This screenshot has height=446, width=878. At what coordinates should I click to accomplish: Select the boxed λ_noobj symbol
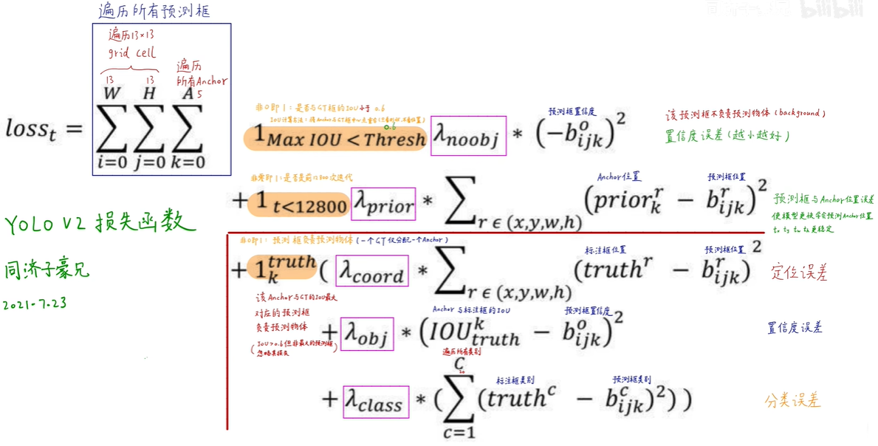pyautogui.click(x=468, y=137)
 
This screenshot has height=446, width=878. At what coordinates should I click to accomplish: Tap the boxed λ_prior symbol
pyautogui.click(x=383, y=202)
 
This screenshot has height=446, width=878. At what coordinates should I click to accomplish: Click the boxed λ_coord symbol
pyautogui.click(x=371, y=271)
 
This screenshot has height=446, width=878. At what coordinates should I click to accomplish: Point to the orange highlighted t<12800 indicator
pyautogui.click(x=298, y=203)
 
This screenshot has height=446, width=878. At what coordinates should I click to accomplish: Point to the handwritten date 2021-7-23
pyautogui.click(x=35, y=303)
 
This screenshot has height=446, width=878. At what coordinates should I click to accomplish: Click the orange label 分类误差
pyautogui.click(x=793, y=401)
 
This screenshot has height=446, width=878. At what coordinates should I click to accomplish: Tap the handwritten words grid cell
pyautogui.click(x=132, y=52)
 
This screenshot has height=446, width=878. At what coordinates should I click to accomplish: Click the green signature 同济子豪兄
pyautogui.click(x=47, y=270)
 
